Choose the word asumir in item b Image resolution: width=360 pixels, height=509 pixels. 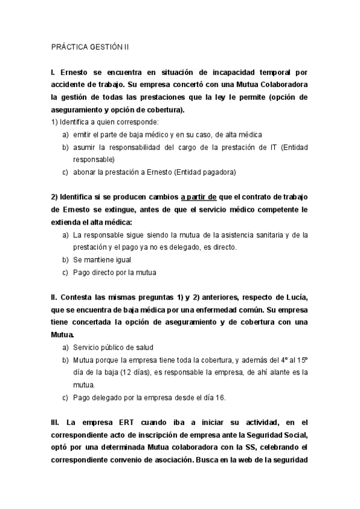pyautogui.click(x=85, y=147)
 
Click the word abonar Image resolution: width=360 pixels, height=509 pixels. pyautogui.click(x=85, y=172)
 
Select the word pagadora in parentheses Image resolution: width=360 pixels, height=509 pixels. pyautogui.click(x=218, y=172)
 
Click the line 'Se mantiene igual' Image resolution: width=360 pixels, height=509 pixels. pyautogui.click(x=101, y=260)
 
